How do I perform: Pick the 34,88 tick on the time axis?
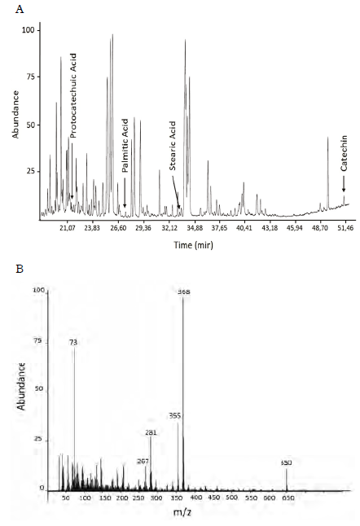click(x=193, y=230)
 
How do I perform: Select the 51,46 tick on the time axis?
click(x=345, y=230)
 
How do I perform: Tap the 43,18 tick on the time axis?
click(x=270, y=230)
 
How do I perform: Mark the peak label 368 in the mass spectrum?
click(x=184, y=292)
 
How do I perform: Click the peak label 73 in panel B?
click(x=73, y=343)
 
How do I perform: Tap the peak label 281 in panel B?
click(x=150, y=432)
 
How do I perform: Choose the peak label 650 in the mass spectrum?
click(x=286, y=462)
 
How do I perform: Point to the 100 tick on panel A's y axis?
click(x=31, y=29)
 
